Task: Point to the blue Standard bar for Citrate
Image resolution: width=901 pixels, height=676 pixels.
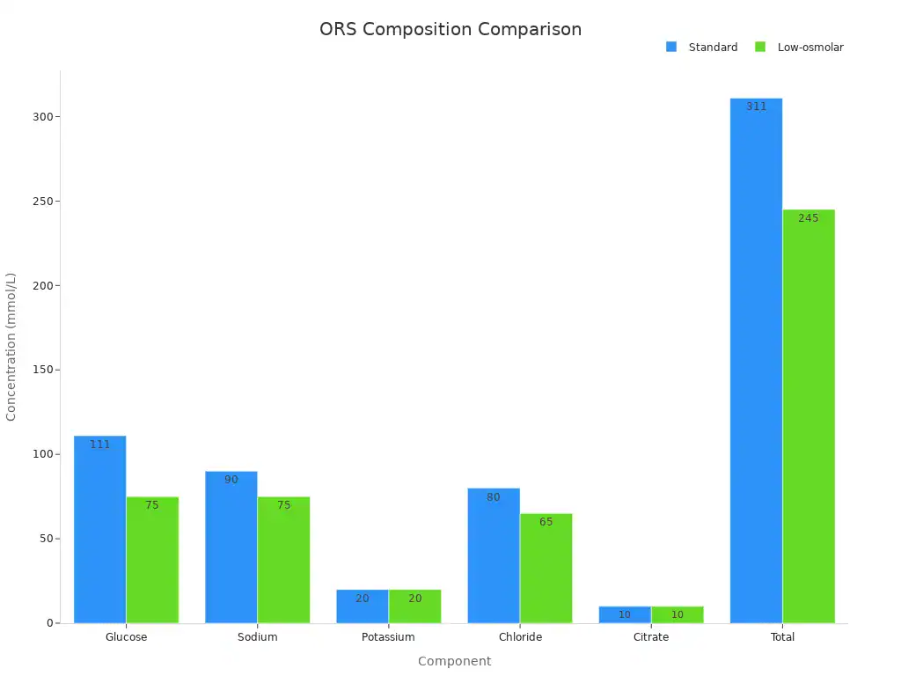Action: click(x=625, y=614)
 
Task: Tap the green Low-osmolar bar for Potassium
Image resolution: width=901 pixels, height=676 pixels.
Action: click(x=414, y=607)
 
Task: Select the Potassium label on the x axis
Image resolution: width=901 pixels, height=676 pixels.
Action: click(x=388, y=637)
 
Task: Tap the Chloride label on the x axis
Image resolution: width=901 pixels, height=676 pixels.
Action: click(x=520, y=637)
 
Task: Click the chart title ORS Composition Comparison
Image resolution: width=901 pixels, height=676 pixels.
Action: click(x=450, y=29)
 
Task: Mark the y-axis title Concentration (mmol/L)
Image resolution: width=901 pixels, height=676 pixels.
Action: click(x=11, y=347)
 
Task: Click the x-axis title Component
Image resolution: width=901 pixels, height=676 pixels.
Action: click(x=454, y=661)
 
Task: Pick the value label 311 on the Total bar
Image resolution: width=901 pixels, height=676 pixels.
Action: click(x=757, y=107)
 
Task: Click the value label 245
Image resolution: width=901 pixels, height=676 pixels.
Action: click(x=809, y=218)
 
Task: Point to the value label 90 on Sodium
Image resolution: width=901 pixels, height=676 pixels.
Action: click(x=231, y=480)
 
